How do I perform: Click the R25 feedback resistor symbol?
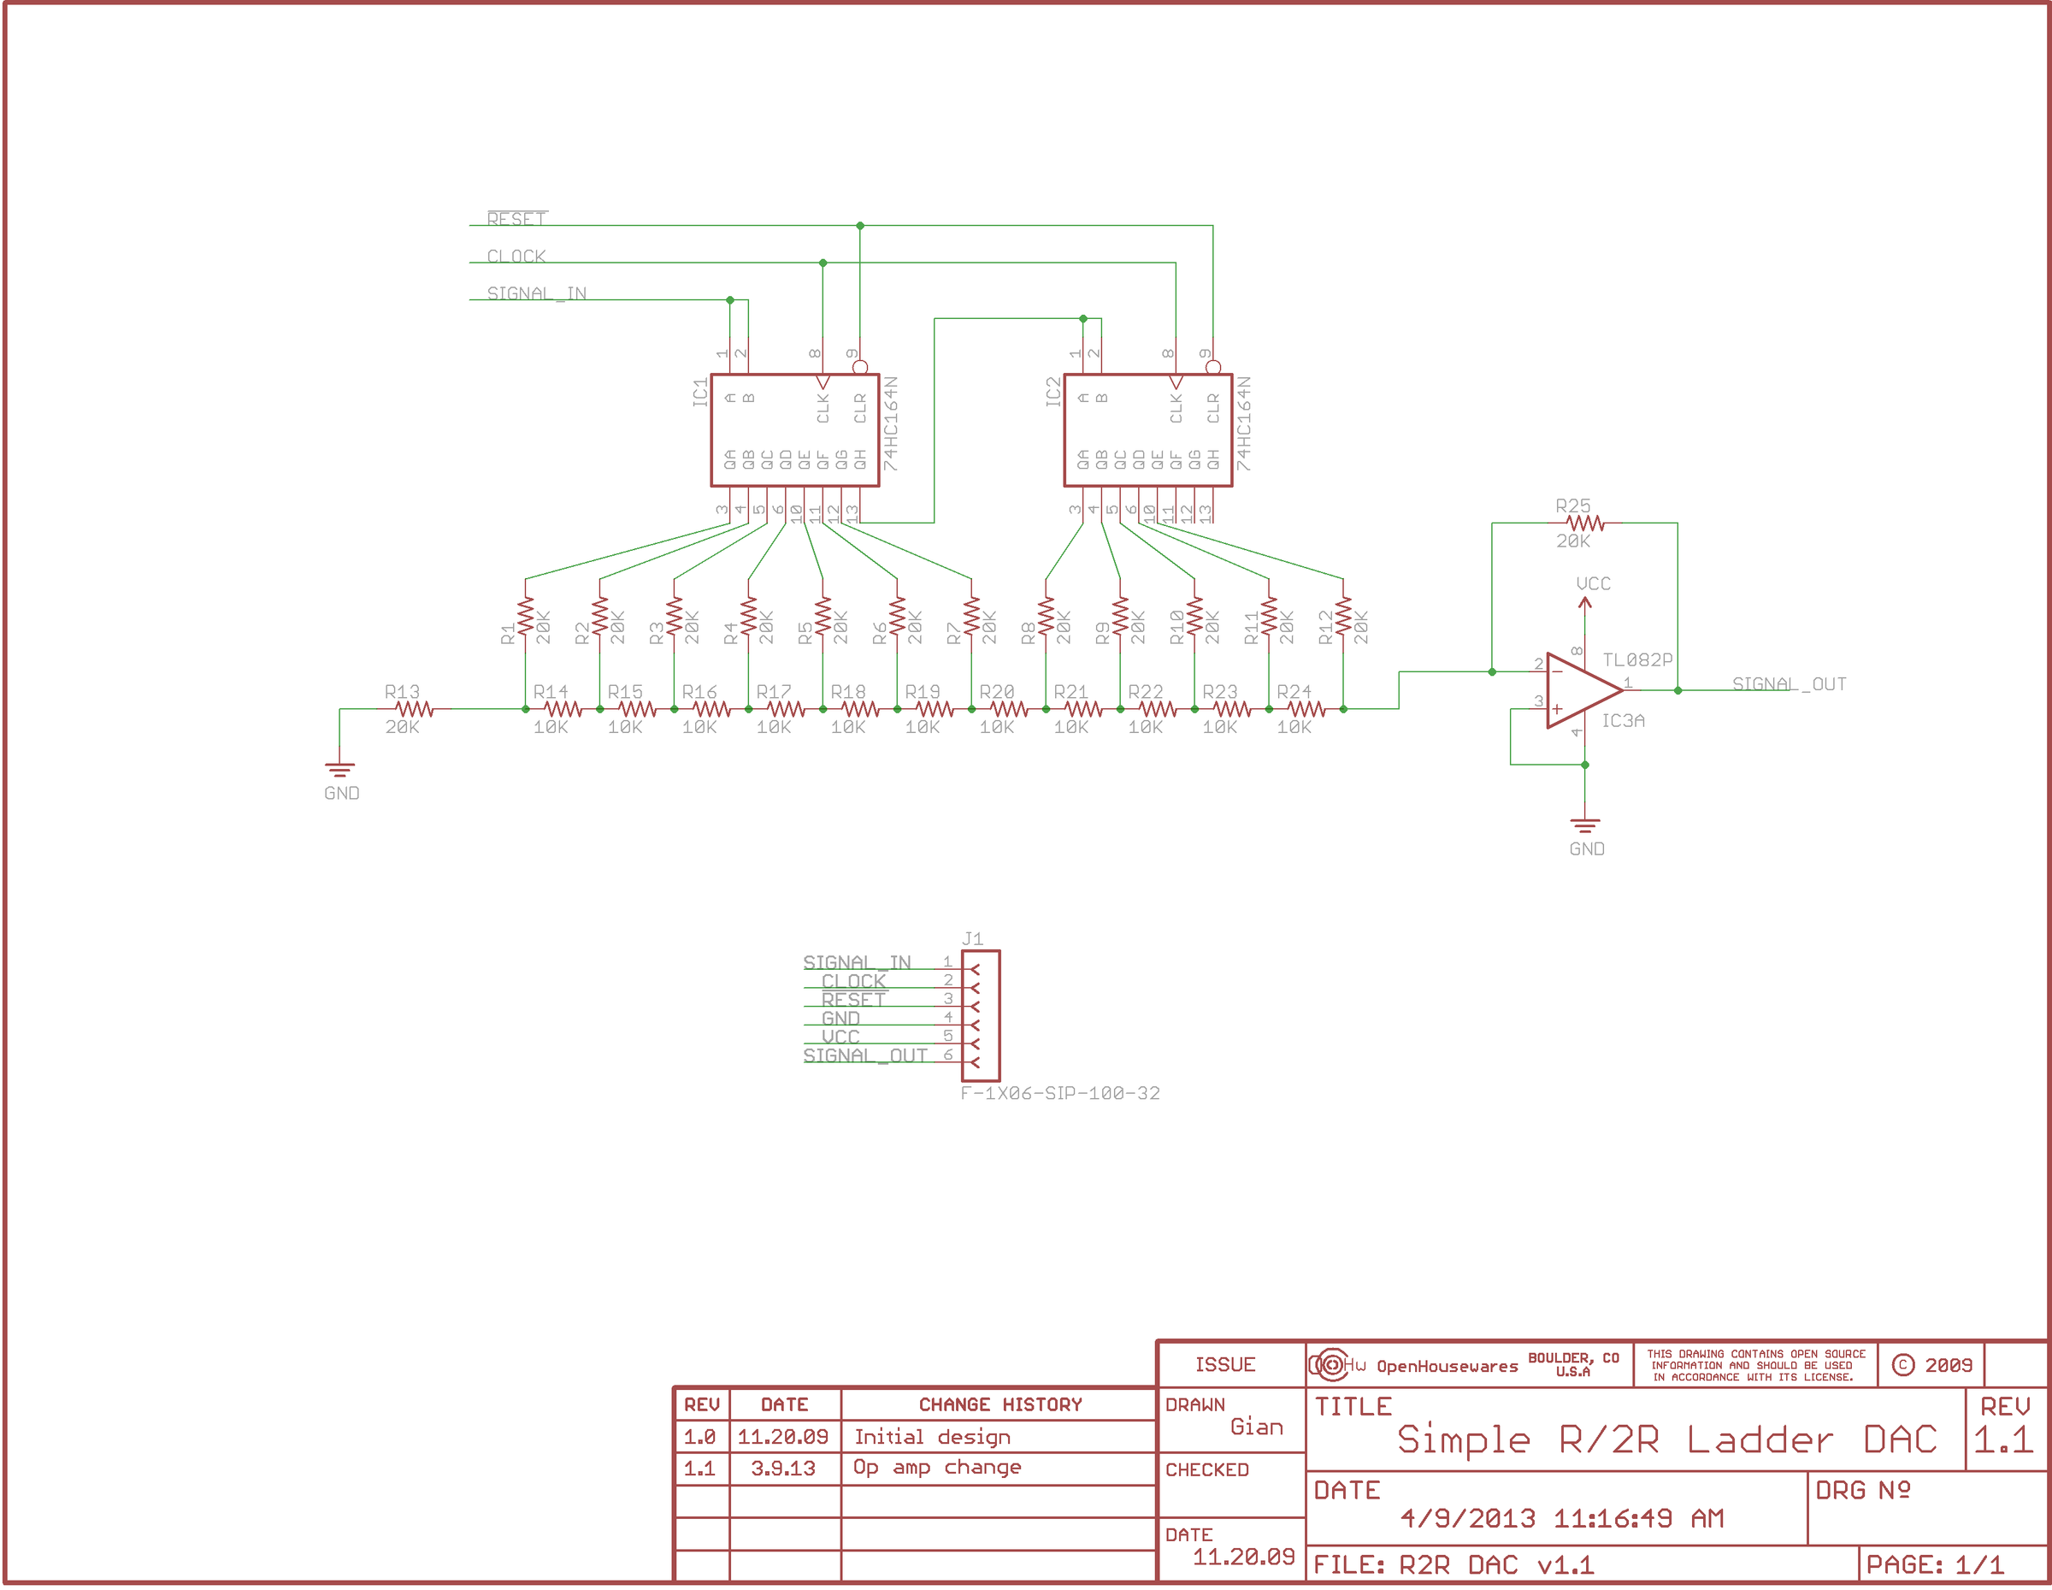pyautogui.click(x=1584, y=523)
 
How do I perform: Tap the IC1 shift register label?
pyautogui.click(x=700, y=392)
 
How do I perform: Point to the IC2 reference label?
pyautogui.click(x=1053, y=392)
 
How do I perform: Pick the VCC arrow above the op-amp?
pyautogui.click(x=1585, y=603)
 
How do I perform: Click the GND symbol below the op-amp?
pyautogui.click(x=1585, y=827)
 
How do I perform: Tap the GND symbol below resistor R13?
pyautogui.click(x=339, y=771)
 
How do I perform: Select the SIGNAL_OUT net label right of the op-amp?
pyautogui.click(x=1789, y=684)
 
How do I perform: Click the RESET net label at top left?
pyautogui.click(x=516, y=219)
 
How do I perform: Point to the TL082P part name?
pyautogui.click(x=1636, y=659)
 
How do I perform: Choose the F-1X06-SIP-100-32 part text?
pyautogui.click(x=1060, y=1093)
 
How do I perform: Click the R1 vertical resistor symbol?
pyautogui.click(x=525, y=617)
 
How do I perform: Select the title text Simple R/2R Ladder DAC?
pyautogui.click(x=1666, y=1439)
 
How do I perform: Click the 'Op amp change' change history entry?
pyautogui.click(x=937, y=1468)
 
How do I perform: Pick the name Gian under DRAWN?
pyautogui.click(x=1256, y=1427)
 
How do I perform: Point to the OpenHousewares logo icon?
pyautogui.click(x=1330, y=1364)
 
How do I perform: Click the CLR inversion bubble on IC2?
pyautogui.click(x=1213, y=366)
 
